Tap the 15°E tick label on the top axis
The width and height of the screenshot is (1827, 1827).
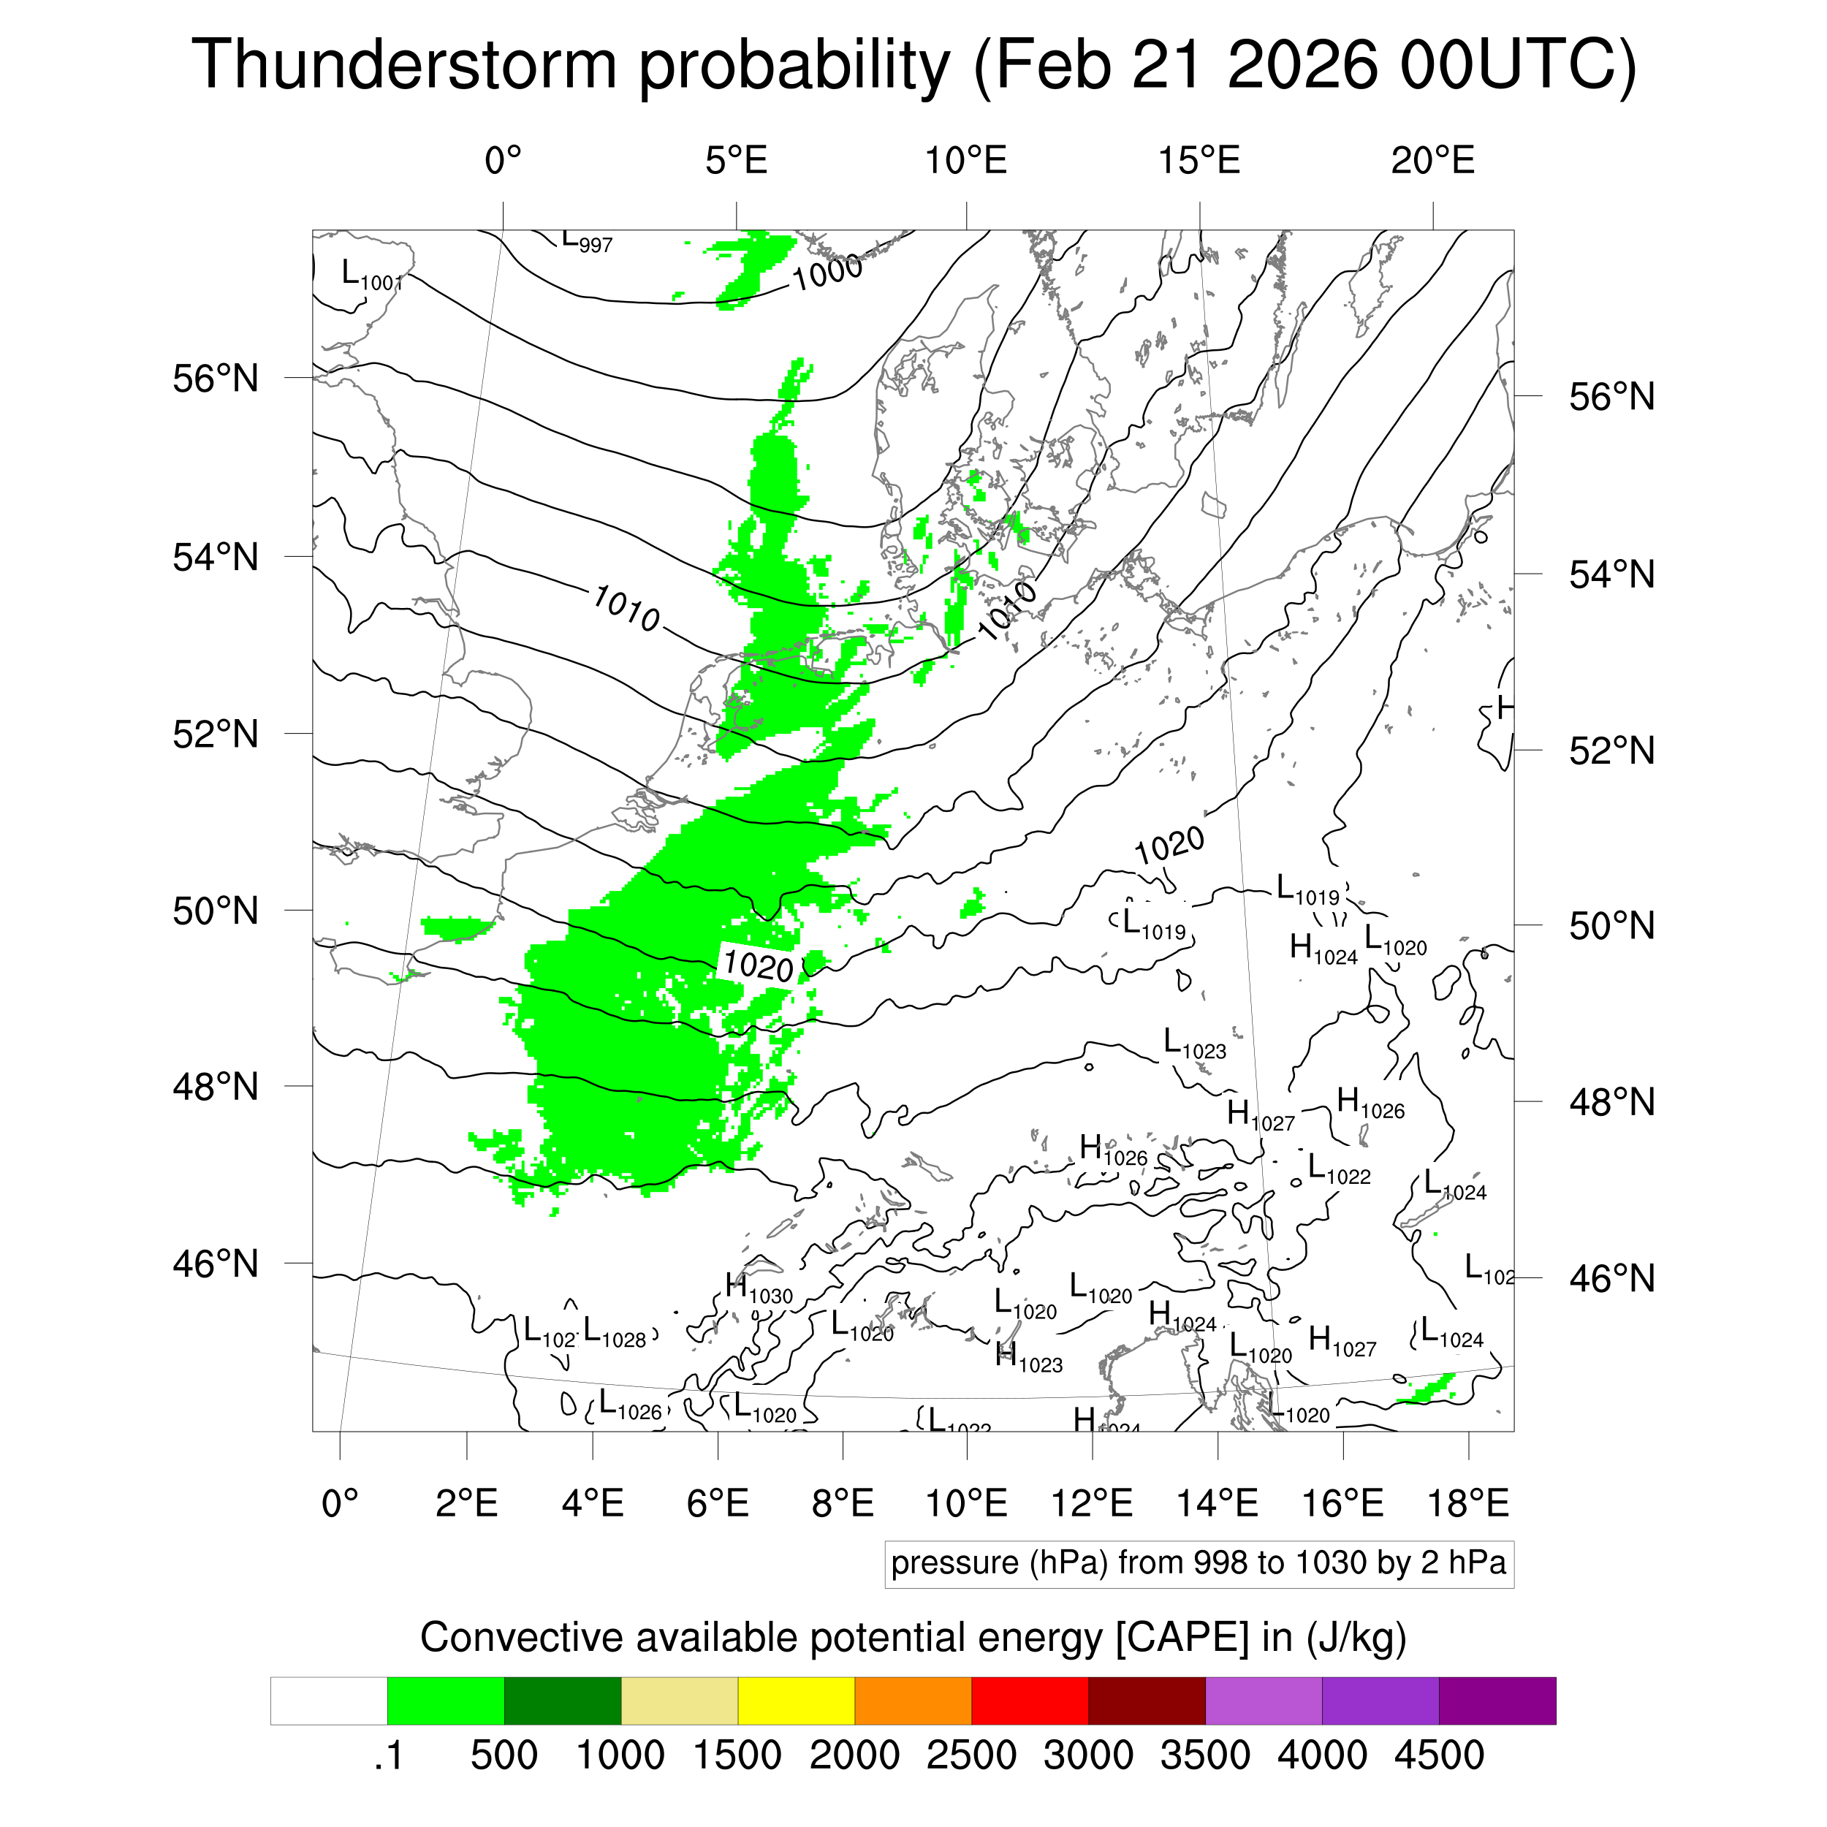tap(1199, 162)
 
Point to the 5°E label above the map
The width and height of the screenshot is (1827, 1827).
tap(736, 162)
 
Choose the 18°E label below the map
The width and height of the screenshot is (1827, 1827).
tap(1467, 1503)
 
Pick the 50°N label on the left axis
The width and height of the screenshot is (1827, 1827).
tap(216, 911)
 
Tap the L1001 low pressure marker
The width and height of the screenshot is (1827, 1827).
tap(371, 276)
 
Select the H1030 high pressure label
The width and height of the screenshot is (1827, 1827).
tap(759, 1288)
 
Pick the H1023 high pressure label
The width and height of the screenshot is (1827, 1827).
tap(1029, 1357)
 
